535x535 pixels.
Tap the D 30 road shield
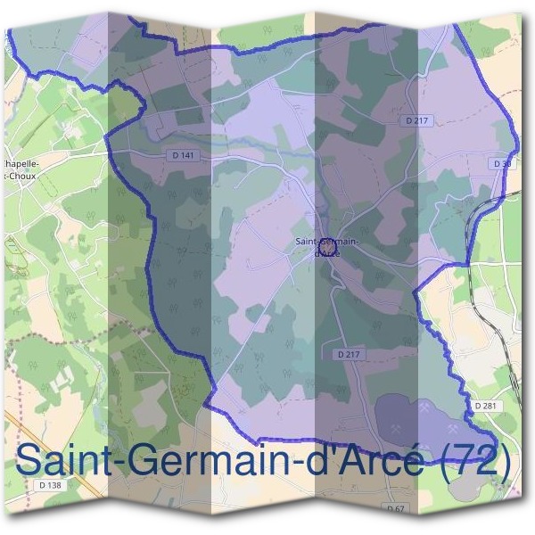click(x=501, y=164)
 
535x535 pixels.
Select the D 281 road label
click(x=486, y=406)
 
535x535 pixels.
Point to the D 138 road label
click(x=52, y=484)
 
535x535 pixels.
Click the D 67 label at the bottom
click(x=396, y=507)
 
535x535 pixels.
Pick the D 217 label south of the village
click(x=349, y=354)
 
